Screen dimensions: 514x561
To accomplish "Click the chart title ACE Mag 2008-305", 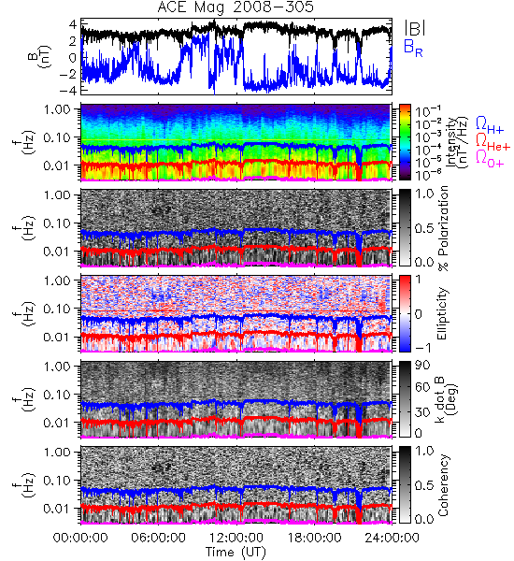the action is click(236, 7).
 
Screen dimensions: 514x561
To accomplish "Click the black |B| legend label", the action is click(415, 28).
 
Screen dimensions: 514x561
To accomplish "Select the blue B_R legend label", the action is click(413, 48).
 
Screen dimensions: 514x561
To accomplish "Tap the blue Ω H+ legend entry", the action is click(490, 125).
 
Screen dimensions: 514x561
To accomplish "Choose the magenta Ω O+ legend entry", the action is click(490, 159).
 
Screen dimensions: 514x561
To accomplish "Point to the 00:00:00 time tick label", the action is click(80, 538).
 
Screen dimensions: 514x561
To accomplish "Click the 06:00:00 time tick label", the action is click(158, 538).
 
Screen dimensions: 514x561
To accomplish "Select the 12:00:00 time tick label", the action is click(236, 538).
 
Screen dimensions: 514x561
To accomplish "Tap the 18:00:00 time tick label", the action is click(314, 538).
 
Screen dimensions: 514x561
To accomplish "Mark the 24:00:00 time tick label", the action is click(392, 538).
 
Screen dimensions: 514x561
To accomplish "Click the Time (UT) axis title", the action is click(236, 553).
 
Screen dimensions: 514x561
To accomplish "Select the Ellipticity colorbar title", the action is click(442, 313).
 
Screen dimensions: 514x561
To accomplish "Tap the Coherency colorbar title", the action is click(442, 484).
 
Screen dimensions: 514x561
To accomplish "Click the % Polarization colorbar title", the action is click(443, 228).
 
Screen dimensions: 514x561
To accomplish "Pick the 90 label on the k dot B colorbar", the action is click(422, 366).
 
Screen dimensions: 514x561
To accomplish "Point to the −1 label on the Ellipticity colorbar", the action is click(422, 348).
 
